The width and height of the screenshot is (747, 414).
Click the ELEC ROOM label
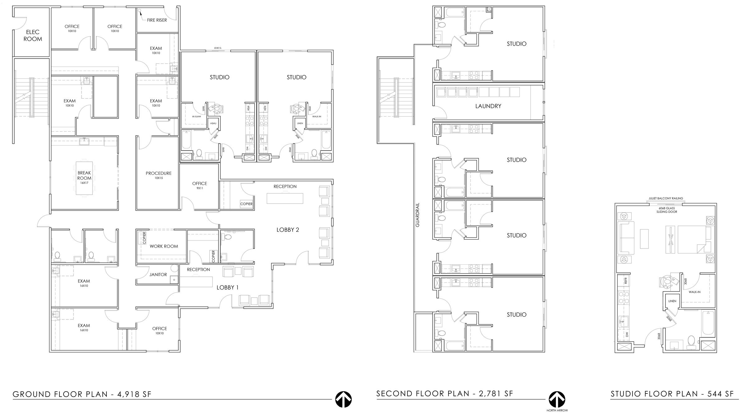pyautogui.click(x=33, y=35)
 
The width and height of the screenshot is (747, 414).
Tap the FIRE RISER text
pyautogui.click(x=157, y=20)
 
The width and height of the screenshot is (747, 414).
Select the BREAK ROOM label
pyautogui.click(x=84, y=176)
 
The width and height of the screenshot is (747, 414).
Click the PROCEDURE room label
pyautogui.click(x=158, y=173)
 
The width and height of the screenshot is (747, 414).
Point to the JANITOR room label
pyautogui.click(x=158, y=275)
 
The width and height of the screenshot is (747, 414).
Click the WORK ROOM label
pyautogui.click(x=164, y=246)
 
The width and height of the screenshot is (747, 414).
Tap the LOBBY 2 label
pyautogui.click(x=288, y=230)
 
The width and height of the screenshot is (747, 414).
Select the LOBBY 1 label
pyautogui.click(x=228, y=288)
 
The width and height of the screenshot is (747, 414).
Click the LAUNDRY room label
pyautogui.click(x=488, y=106)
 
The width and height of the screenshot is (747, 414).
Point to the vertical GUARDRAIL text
pyautogui.click(x=418, y=215)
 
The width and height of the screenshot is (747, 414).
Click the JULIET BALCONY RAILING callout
pyautogui.click(x=665, y=198)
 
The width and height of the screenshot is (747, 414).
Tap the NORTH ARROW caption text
pyautogui.click(x=557, y=410)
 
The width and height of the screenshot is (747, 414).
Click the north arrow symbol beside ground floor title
pyautogui.click(x=343, y=399)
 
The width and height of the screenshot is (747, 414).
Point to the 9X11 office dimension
pyautogui.click(x=200, y=188)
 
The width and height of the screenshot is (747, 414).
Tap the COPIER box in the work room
pyautogui.click(x=144, y=238)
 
